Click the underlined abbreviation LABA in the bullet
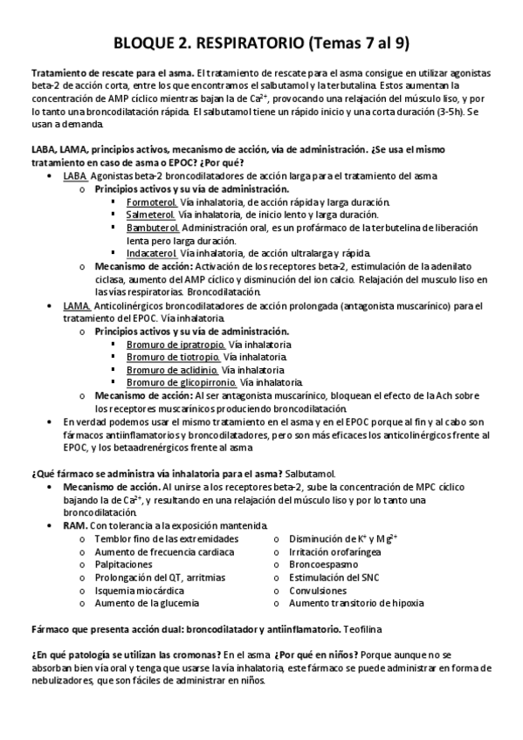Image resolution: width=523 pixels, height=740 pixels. [x=74, y=175]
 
